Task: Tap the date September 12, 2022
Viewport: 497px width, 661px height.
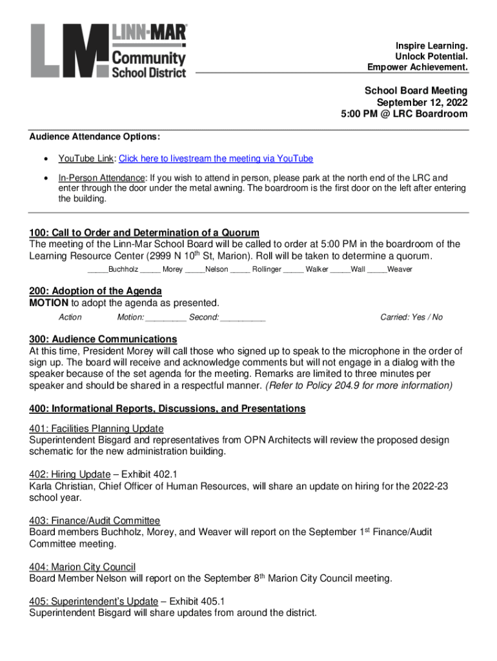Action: click(x=422, y=103)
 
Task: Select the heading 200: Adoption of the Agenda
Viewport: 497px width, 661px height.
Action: click(x=96, y=290)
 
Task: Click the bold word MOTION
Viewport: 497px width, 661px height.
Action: click(x=49, y=303)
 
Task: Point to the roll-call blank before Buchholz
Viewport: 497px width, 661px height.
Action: click(x=97, y=269)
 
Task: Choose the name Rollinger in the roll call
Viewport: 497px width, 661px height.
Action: click(x=267, y=269)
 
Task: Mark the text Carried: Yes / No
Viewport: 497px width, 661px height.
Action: click(x=411, y=317)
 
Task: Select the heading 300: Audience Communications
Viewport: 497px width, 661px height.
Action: click(x=103, y=339)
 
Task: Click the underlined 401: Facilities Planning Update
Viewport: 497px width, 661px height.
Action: click(x=96, y=429)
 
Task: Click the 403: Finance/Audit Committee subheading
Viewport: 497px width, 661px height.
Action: click(x=94, y=520)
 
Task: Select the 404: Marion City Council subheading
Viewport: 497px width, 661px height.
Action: click(x=82, y=567)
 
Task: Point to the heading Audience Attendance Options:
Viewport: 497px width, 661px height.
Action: click(x=95, y=137)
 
